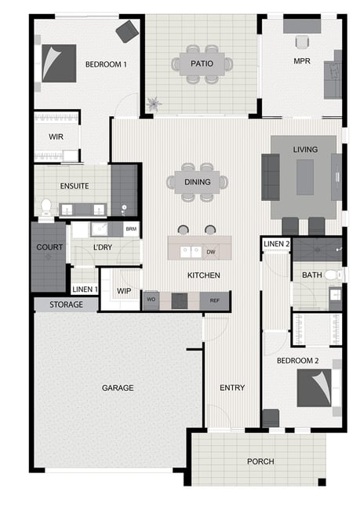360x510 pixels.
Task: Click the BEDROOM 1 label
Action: [106, 64]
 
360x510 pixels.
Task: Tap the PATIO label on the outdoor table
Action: [202, 64]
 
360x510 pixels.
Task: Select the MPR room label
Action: [302, 61]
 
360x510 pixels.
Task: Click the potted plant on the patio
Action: [154, 104]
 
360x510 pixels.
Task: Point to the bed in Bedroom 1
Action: [59, 63]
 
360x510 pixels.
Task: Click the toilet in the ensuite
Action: [45, 207]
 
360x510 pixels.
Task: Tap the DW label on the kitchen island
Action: [211, 252]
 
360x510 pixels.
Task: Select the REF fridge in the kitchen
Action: [214, 301]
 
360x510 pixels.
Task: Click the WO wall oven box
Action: [151, 300]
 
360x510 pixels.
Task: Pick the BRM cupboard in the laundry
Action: [131, 229]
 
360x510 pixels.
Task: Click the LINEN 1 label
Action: [85, 290]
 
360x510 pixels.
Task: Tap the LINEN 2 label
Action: [276, 243]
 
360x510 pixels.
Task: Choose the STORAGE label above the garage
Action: [66, 304]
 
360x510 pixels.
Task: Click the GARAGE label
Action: [118, 388]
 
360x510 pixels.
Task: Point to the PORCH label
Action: [260, 461]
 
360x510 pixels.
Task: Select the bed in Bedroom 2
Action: [315, 388]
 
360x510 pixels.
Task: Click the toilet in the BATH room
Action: [333, 275]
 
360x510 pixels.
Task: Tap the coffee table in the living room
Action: [305, 177]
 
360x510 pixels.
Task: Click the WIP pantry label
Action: [124, 291]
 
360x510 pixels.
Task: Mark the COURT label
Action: [49, 247]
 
